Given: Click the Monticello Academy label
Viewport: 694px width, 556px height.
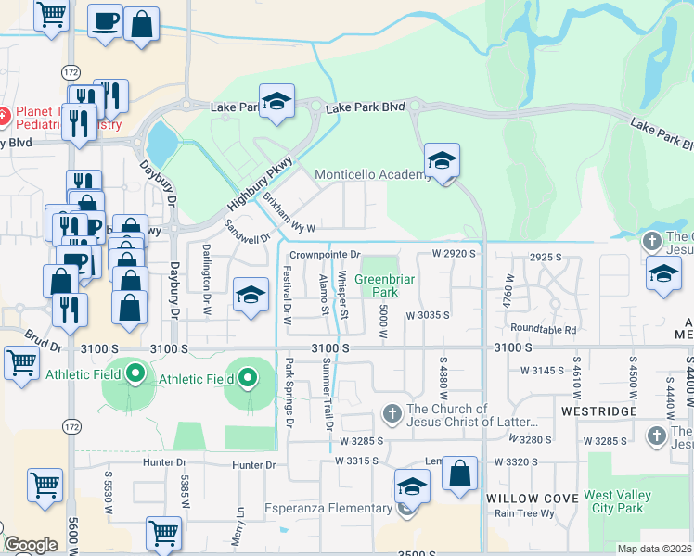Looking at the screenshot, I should pos(370,174).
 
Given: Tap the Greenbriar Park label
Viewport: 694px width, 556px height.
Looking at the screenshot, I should pos(375,284).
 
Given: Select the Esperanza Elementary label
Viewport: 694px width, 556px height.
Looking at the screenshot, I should pos(340,508).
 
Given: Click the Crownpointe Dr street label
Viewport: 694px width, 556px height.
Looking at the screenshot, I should pos(324,254).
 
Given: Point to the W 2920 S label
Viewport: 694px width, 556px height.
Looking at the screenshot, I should pos(453,253).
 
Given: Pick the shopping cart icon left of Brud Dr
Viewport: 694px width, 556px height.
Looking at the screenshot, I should pos(21,363).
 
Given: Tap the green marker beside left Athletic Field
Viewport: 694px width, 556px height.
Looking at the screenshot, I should pos(135,375).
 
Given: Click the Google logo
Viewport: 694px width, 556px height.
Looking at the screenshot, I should pos(31,545).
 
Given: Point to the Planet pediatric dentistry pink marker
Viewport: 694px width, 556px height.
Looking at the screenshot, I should pos(3,117).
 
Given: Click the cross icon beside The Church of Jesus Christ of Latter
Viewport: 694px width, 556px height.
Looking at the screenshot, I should pos(392,413).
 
